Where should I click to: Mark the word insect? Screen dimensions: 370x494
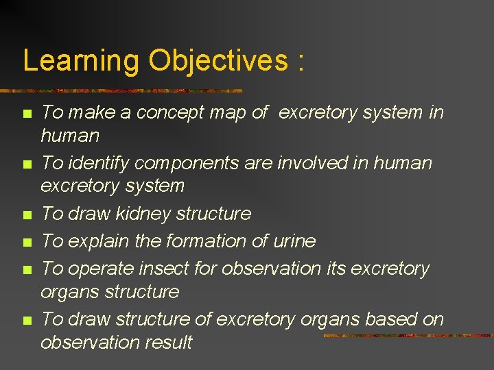coord(165,269)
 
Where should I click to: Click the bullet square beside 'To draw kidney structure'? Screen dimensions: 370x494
coord(27,214)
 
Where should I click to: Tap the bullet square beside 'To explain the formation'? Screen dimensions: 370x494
coord(27,242)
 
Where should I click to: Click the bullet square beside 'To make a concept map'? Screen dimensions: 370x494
coord(27,113)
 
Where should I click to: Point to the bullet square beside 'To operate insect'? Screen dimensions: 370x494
coord(27,269)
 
